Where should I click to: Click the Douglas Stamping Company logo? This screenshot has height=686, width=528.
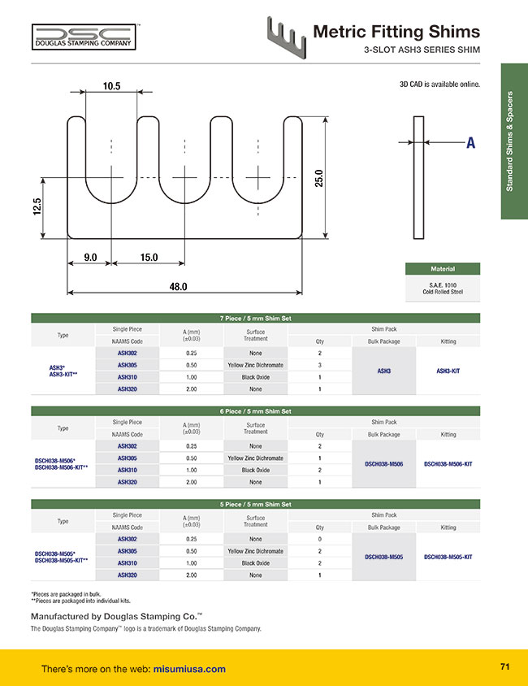(84, 37)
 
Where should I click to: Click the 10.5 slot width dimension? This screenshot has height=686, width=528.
(111, 86)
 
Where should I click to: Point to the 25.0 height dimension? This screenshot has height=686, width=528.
(318, 178)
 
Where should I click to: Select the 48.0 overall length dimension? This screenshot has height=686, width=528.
(179, 287)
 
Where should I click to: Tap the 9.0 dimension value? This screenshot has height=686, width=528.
(90, 257)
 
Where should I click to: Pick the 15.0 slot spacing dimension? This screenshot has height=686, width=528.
(149, 257)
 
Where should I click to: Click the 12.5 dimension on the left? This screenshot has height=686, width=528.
(37, 206)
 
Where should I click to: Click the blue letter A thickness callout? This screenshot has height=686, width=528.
(470, 142)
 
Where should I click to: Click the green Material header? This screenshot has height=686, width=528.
(443, 268)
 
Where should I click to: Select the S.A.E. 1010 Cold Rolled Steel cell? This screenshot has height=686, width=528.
(443, 289)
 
